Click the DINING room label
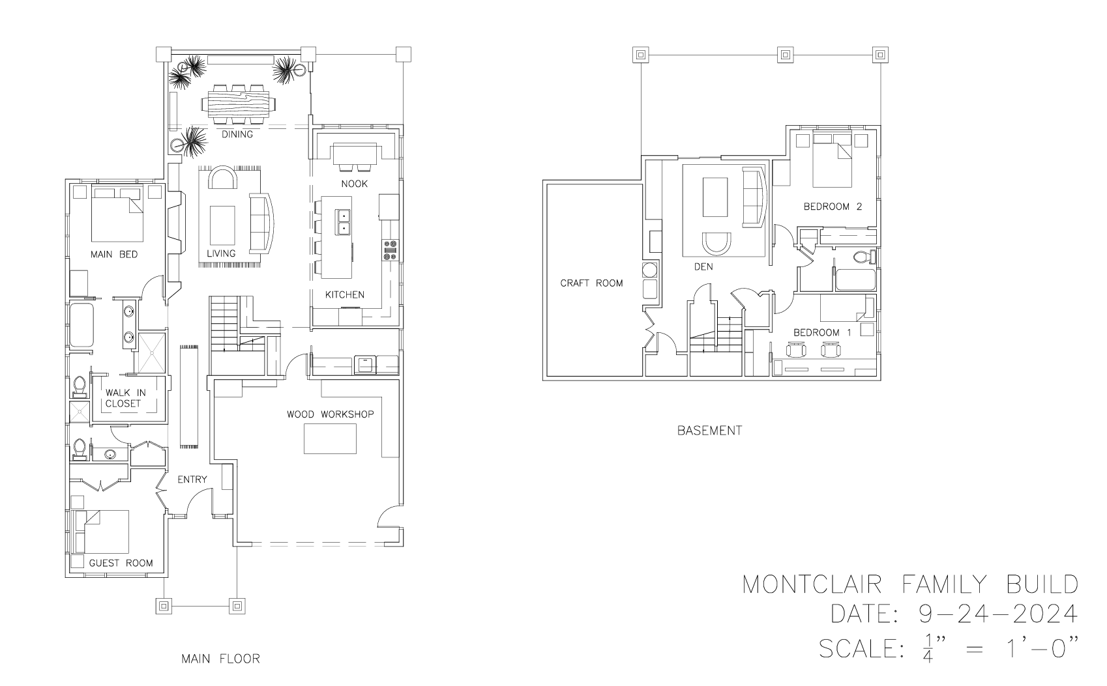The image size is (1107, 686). [237, 134]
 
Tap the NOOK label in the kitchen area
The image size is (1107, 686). [355, 184]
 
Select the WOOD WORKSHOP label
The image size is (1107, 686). [330, 414]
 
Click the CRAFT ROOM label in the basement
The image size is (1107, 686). [591, 283]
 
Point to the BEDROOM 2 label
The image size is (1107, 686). [833, 207]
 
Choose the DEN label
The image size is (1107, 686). [703, 266]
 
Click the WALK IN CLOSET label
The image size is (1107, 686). [125, 398]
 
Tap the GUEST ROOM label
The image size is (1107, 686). [121, 563]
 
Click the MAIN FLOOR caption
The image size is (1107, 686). [220, 659]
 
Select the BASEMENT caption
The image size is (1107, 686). [710, 431]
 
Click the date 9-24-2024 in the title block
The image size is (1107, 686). [998, 614]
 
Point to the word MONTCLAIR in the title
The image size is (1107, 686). [812, 585]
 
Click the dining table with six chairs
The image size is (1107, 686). [238, 105]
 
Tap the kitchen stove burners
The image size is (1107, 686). [389, 250]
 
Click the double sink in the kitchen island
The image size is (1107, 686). [343, 222]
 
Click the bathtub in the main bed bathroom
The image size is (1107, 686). [81, 324]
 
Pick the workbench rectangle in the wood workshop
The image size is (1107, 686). [330, 438]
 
